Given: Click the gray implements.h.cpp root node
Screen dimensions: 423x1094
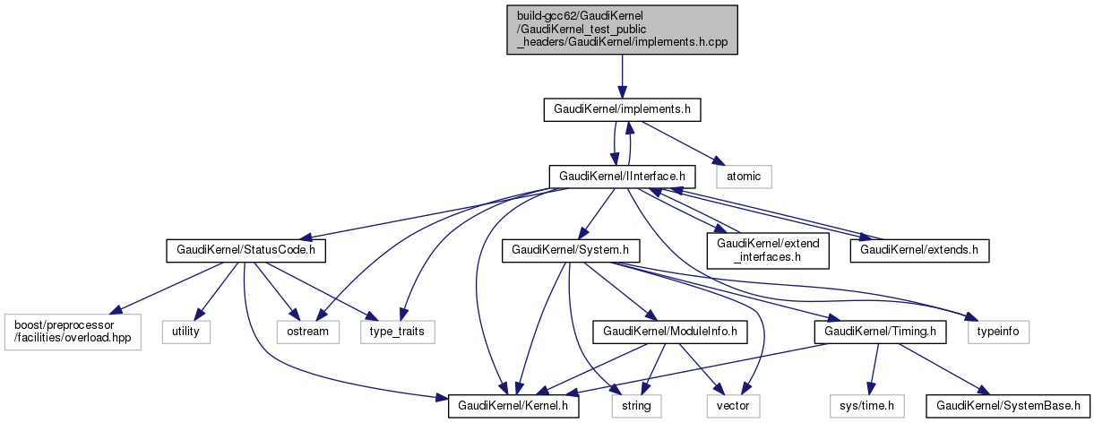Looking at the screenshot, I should tap(623, 30).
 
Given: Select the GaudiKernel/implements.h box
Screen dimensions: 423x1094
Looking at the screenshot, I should tap(622, 110).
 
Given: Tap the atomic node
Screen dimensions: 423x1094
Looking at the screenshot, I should tap(743, 177).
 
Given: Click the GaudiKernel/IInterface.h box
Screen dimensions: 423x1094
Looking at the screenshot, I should tap(622, 177).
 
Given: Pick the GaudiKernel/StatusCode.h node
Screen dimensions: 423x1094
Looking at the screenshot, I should tap(246, 250).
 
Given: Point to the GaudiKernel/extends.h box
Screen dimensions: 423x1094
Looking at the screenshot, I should tap(919, 250).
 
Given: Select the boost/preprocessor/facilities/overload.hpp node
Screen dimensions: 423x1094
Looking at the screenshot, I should tap(73, 332).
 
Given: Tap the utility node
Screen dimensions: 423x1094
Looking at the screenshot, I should tap(186, 332).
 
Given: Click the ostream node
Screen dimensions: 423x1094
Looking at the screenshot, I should tap(307, 332).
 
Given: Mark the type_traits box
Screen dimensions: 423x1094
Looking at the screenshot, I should tap(397, 332).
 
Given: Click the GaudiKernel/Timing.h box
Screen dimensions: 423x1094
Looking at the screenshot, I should tap(880, 332).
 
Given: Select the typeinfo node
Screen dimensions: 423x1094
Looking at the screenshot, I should tap(997, 332).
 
